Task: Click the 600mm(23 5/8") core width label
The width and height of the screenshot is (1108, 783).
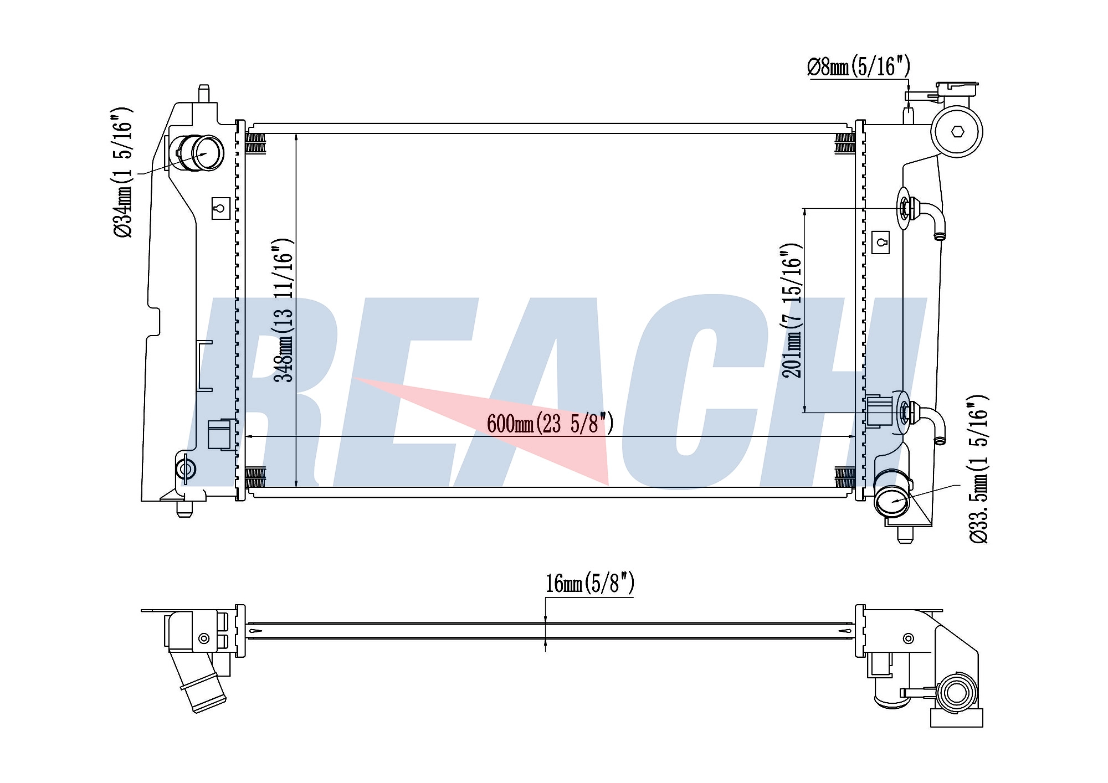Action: click(550, 424)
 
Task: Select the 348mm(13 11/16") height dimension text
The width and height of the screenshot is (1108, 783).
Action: click(284, 310)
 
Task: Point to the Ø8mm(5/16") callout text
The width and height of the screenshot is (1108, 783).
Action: click(858, 67)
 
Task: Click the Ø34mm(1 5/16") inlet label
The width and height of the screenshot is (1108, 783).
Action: click(122, 172)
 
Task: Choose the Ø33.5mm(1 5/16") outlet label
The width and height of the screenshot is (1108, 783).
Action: click(977, 469)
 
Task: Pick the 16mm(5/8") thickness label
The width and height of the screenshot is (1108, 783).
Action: click(589, 583)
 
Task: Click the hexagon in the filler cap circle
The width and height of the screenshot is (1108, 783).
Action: click(957, 132)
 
